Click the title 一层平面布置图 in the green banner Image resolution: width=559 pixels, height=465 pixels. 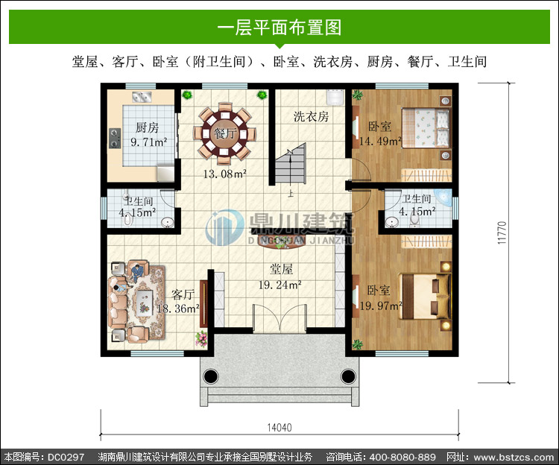[279, 28]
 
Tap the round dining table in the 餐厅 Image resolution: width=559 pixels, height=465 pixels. [224, 133]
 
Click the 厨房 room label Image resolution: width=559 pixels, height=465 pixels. [148, 127]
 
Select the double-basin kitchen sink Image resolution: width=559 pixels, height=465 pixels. [142, 97]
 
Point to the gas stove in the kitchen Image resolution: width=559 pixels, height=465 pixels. [115, 139]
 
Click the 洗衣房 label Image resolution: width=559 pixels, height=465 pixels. [311, 116]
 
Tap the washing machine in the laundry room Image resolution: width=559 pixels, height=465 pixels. [335, 98]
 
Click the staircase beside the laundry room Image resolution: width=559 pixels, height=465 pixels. [291, 163]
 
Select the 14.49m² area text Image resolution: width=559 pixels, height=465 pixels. [380, 141]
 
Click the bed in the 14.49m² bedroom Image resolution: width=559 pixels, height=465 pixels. [426, 127]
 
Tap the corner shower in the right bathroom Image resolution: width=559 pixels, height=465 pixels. [444, 197]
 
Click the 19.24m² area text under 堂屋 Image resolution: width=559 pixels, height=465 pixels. [280, 285]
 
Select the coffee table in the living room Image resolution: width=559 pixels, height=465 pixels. [145, 303]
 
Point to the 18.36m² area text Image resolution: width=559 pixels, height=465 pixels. [178, 309]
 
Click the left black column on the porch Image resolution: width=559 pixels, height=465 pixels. [211, 376]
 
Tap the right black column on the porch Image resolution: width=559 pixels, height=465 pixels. [348, 376]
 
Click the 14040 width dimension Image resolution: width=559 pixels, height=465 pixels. [279, 427]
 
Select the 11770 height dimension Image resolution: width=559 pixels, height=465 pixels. [502, 232]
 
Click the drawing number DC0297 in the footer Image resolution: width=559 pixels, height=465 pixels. [66, 457]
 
